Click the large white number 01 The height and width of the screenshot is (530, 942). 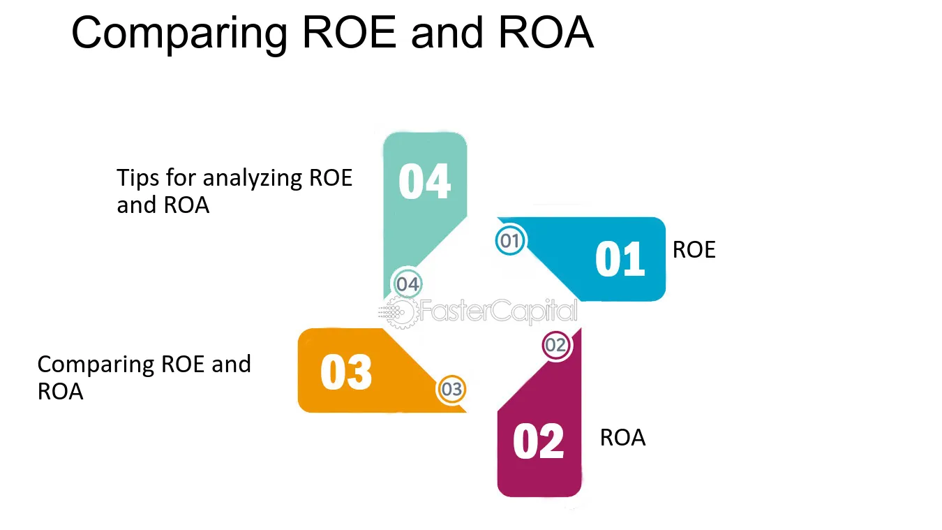pos(620,260)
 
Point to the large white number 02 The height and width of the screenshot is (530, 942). pos(538,442)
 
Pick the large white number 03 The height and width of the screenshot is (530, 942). pos(346,372)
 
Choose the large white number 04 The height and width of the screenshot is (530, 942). pos(424,182)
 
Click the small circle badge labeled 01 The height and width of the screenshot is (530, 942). pos(510,242)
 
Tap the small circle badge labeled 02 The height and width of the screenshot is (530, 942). pos(556,345)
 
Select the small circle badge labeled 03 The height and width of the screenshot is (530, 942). pos(451,389)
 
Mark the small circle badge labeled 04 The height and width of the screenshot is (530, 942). pos(408,284)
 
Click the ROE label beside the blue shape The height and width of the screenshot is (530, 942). pos(694,250)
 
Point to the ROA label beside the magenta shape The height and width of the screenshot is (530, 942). pos(622,438)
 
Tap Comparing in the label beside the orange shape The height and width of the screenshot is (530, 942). pos(96,365)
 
